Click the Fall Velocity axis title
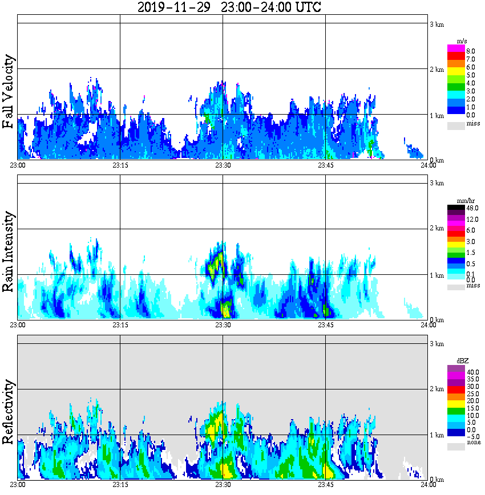9,92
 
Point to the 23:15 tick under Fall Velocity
120,165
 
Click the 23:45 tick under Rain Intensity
325,325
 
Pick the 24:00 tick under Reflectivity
428,485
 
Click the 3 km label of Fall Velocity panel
436,24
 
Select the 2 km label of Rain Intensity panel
436,229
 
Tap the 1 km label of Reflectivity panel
436,435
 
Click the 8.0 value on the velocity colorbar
471,51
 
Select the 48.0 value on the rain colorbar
472,209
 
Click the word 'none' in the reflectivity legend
473,443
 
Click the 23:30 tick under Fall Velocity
223,165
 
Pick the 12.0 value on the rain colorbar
472,220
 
